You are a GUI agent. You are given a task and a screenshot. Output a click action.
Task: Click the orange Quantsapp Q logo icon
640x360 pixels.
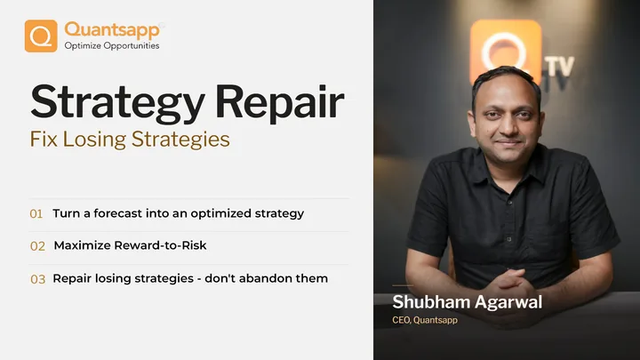click(x=41, y=36)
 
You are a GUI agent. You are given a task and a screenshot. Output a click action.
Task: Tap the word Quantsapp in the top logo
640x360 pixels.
click(x=112, y=30)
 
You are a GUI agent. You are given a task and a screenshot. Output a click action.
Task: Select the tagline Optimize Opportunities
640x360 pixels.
click(x=112, y=45)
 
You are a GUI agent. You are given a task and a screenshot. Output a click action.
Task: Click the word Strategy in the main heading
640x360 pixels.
click(x=117, y=103)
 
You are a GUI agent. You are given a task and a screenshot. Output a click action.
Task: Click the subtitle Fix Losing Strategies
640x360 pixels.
click(x=130, y=140)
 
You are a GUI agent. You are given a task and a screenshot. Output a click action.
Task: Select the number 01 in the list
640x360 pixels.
click(x=36, y=214)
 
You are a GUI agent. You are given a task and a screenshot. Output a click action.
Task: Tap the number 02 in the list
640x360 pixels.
click(x=37, y=246)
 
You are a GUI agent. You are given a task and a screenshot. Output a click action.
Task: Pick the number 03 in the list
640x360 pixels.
click(x=37, y=279)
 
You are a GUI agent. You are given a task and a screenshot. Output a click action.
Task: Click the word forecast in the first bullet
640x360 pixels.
click(x=118, y=213)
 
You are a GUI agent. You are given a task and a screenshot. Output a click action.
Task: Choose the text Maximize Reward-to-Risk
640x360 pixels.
click(x=130, y=245)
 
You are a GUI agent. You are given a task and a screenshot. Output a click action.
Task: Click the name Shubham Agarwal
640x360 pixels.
click(x=468, y=302)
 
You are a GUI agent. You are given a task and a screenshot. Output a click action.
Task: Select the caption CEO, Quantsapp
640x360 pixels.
click(x=425, y=320)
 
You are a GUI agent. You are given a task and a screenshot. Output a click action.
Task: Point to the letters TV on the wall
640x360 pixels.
click(x=560, y=67)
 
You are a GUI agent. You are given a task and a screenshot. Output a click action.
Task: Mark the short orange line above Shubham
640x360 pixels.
click(x=403, y=285)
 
